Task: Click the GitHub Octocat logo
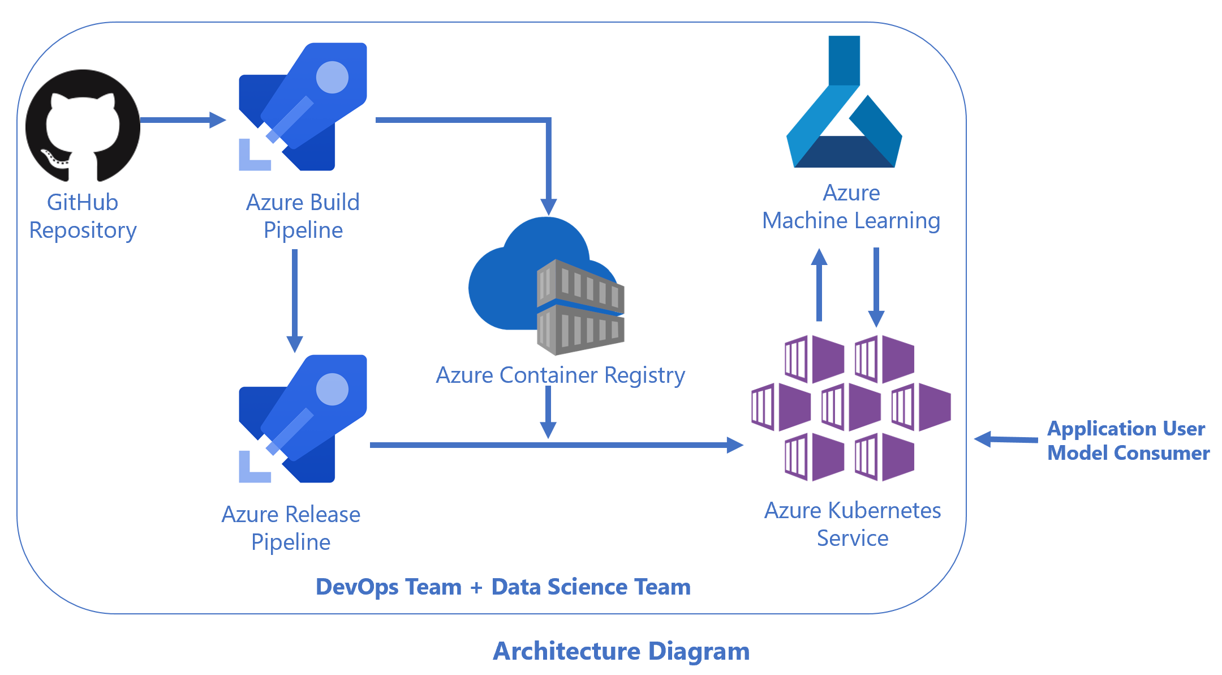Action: pyautogui.click(x=83, y=125)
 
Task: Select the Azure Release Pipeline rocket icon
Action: pyautogui.click(x=303, y=419)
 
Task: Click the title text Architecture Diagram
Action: pyautogui.click(x=621, y=651)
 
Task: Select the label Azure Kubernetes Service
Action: pyautogui.click(x=852, y=524)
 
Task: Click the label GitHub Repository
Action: pyautogui.click(x=83, y=216)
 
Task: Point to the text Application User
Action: pyautogui.click(x=1126, y=429)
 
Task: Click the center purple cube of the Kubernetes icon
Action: pyautogui.click(x=851, y=407)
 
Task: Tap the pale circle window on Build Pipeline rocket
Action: pyautogui.click(x=332, y=77)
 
